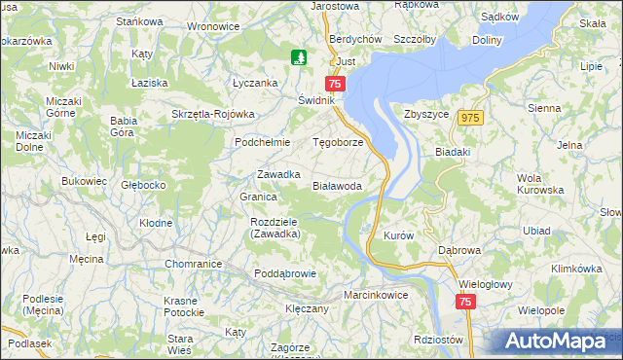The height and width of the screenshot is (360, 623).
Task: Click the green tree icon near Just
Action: [x=300, y=57]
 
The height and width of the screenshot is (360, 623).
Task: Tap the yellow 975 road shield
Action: [x=472, y=118]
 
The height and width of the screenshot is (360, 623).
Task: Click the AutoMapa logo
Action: [x=551, y=342]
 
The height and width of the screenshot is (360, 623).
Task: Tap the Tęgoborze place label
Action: [x=337, y=141]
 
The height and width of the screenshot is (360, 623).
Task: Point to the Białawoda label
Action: [x=337, y=185]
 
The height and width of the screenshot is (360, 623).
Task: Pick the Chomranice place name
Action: [x=194, y=264]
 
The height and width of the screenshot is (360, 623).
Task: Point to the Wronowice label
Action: [x=212, y=26]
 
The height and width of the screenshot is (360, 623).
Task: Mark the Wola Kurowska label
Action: [x=543, y=184]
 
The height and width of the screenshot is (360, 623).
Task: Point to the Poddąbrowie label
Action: [x=285, y=273]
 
